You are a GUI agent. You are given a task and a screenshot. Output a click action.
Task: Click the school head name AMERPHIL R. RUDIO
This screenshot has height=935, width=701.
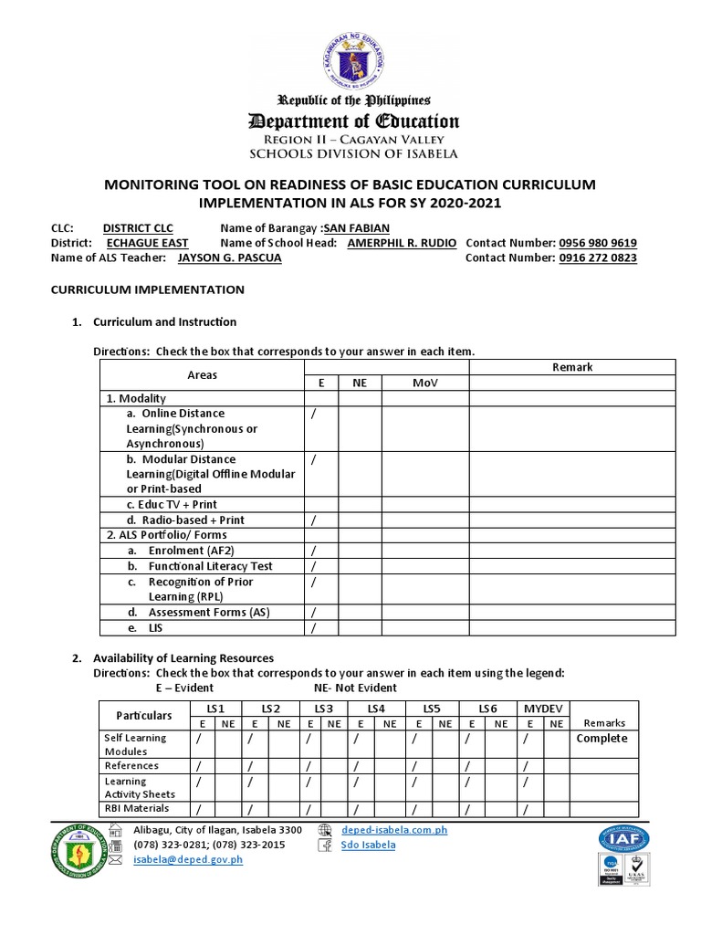coord(402,243)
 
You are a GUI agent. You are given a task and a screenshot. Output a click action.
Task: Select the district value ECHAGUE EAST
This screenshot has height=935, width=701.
coord(147,243)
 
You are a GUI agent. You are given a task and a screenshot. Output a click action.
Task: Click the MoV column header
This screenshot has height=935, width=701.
coord(424,383)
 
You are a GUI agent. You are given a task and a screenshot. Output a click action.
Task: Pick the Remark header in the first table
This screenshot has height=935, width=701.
coord(572,367)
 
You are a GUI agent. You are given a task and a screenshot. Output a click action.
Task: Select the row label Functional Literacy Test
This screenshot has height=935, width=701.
coord(210,566)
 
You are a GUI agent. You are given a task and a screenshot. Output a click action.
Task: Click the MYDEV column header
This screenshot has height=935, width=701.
coord(542,709)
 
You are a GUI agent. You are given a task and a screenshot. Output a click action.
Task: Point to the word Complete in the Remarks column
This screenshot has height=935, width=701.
coord(602,739)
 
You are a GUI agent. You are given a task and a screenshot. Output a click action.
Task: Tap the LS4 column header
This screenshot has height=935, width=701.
coord(376,709)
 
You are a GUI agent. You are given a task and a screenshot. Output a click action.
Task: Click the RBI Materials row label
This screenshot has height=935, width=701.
coord(137,808)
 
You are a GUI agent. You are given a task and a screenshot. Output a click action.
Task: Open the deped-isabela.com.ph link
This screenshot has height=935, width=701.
coord(393,830)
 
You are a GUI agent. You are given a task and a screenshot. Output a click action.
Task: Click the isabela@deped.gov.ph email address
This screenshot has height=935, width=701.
coord(187,859)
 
